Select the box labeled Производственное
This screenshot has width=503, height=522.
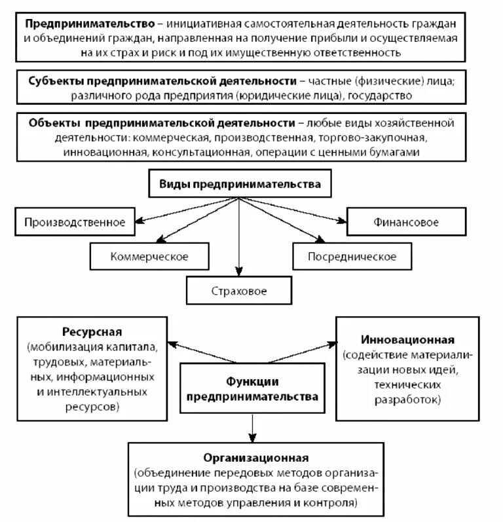tap(75, 222)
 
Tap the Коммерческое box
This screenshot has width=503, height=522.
tap(149, 257)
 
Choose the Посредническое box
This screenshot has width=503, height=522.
tap(352, 257)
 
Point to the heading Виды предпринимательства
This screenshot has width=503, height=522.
tap(240, 184)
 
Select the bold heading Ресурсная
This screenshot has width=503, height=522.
tap(92, 331)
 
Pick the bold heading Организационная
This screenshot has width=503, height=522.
tap(255, 457)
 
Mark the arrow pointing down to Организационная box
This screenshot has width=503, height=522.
tap(252, 429)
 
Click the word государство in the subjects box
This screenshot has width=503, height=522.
tap(379, 96)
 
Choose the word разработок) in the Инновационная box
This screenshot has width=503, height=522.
tap(408, 398)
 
